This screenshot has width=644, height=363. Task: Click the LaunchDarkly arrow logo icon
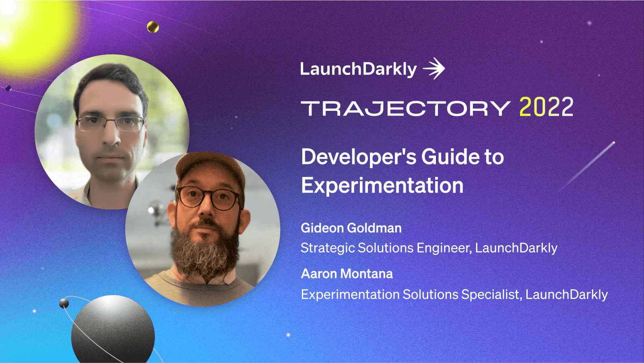tap(434, 68)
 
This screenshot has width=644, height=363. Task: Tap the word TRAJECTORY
tap(406, 108)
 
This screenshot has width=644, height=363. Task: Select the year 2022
tap(546, 107)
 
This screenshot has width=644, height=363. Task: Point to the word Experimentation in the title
tap(382, 186)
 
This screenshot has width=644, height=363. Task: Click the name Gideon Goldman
tap(351, 228)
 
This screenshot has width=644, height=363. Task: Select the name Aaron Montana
tap(347, 274)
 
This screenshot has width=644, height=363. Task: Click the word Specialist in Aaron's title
tap(491, 295)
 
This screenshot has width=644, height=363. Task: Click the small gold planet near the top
tap(153, 27)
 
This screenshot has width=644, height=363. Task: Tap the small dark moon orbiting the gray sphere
tap(64, 303)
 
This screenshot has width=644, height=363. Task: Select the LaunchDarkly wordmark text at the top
tap(358, 69)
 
